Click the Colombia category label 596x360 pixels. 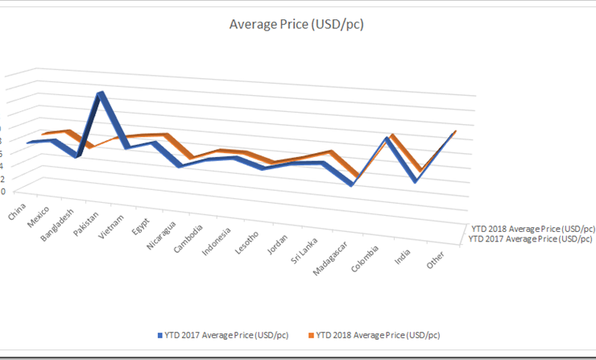point(368,258)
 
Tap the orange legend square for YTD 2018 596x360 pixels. point(310,333)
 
